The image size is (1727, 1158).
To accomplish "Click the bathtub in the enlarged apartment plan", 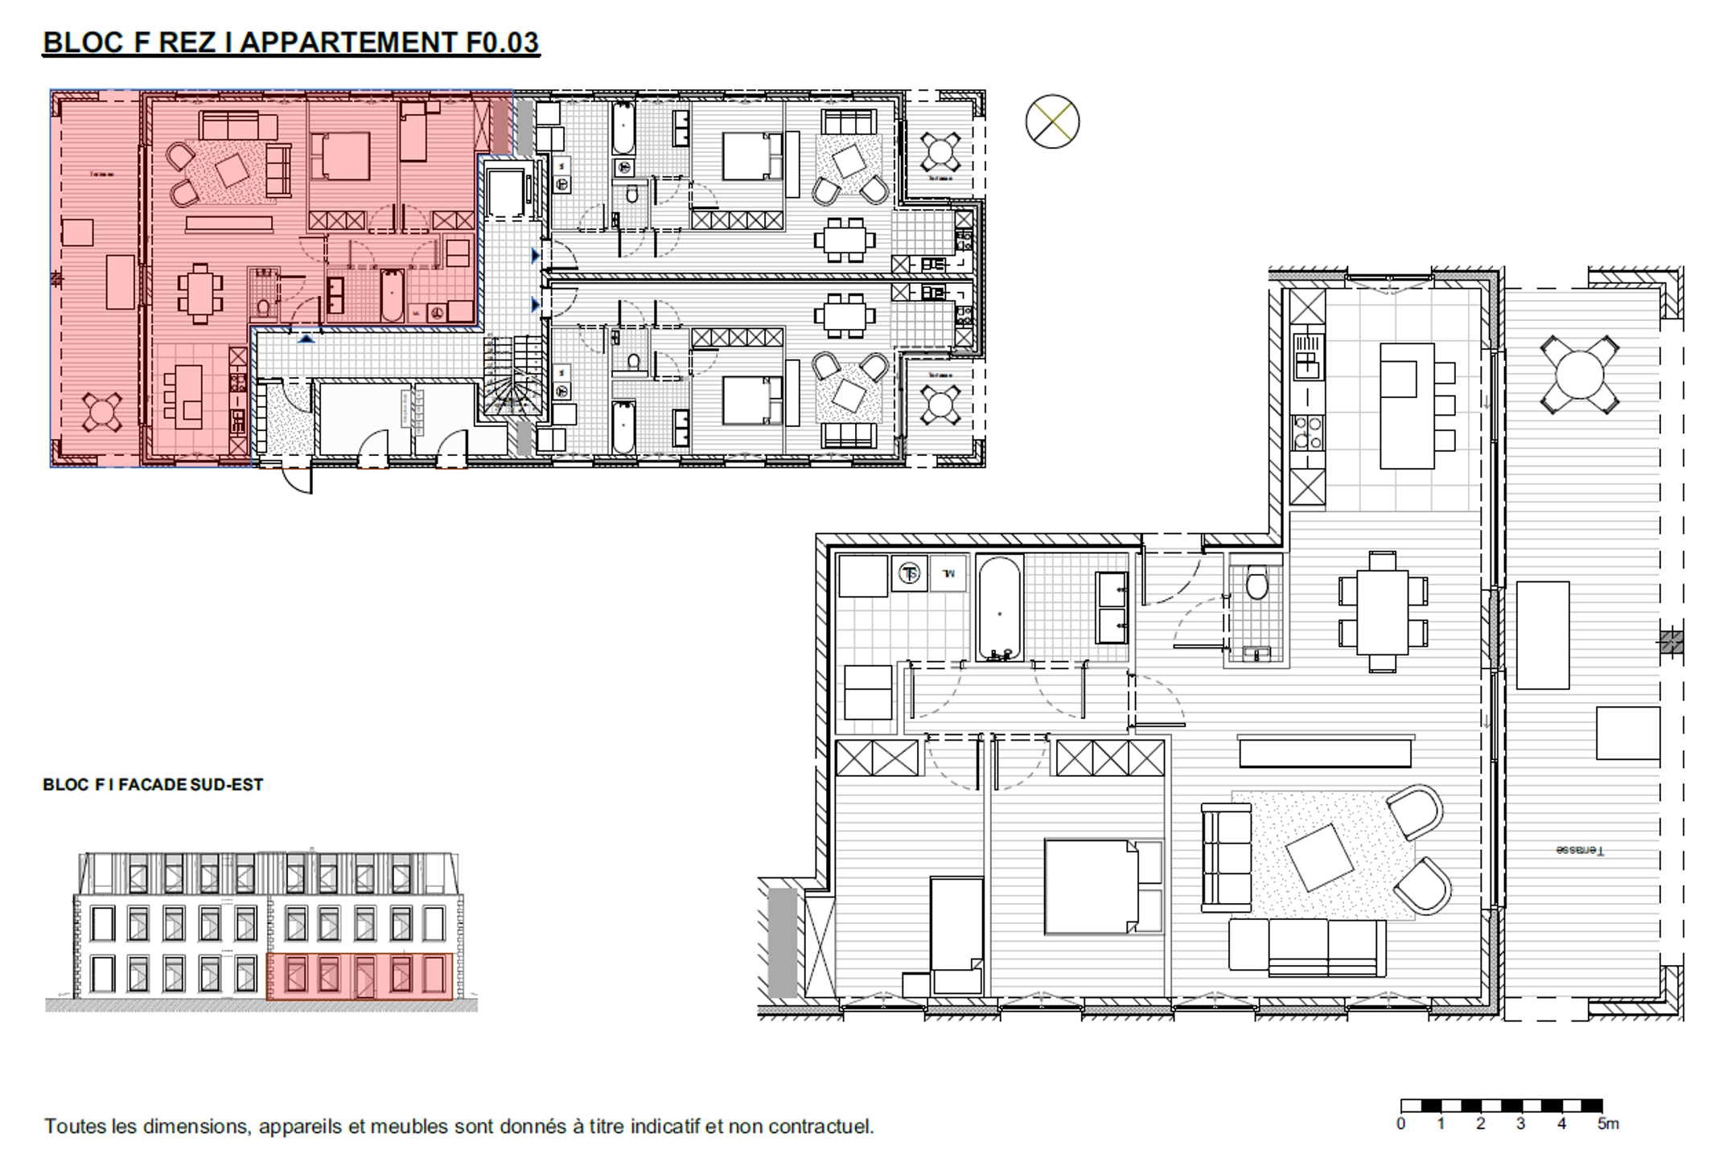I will click(999, 609).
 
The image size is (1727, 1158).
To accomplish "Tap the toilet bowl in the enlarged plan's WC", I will click(1256, 583).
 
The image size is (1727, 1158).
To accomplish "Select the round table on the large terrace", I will click(1579, 375).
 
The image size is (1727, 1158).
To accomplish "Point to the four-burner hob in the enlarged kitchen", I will click(1307, 433).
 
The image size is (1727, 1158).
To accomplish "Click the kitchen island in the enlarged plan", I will click(1406, 406).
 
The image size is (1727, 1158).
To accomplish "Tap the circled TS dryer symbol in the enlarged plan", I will click(910, 573).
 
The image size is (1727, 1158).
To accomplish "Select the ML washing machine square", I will click(948, 573).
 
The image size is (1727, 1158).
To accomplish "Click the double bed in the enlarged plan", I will click(1102, 886).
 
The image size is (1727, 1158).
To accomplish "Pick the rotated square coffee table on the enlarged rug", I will click(1319, 857).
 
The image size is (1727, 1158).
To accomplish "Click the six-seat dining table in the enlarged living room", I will click(1382, 612).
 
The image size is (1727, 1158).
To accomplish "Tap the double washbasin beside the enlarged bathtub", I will click(1112, 608).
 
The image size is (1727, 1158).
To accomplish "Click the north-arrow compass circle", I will click(1052, 121).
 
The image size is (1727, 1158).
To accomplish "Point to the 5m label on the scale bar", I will click(1607, 1123).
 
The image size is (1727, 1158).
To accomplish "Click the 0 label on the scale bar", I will click(1401, 1123).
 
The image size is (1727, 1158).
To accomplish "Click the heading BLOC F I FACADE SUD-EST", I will click(153, 784).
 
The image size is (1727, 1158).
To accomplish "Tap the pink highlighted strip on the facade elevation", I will click(359, 976).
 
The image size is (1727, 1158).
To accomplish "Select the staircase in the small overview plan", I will click(513, 376).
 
